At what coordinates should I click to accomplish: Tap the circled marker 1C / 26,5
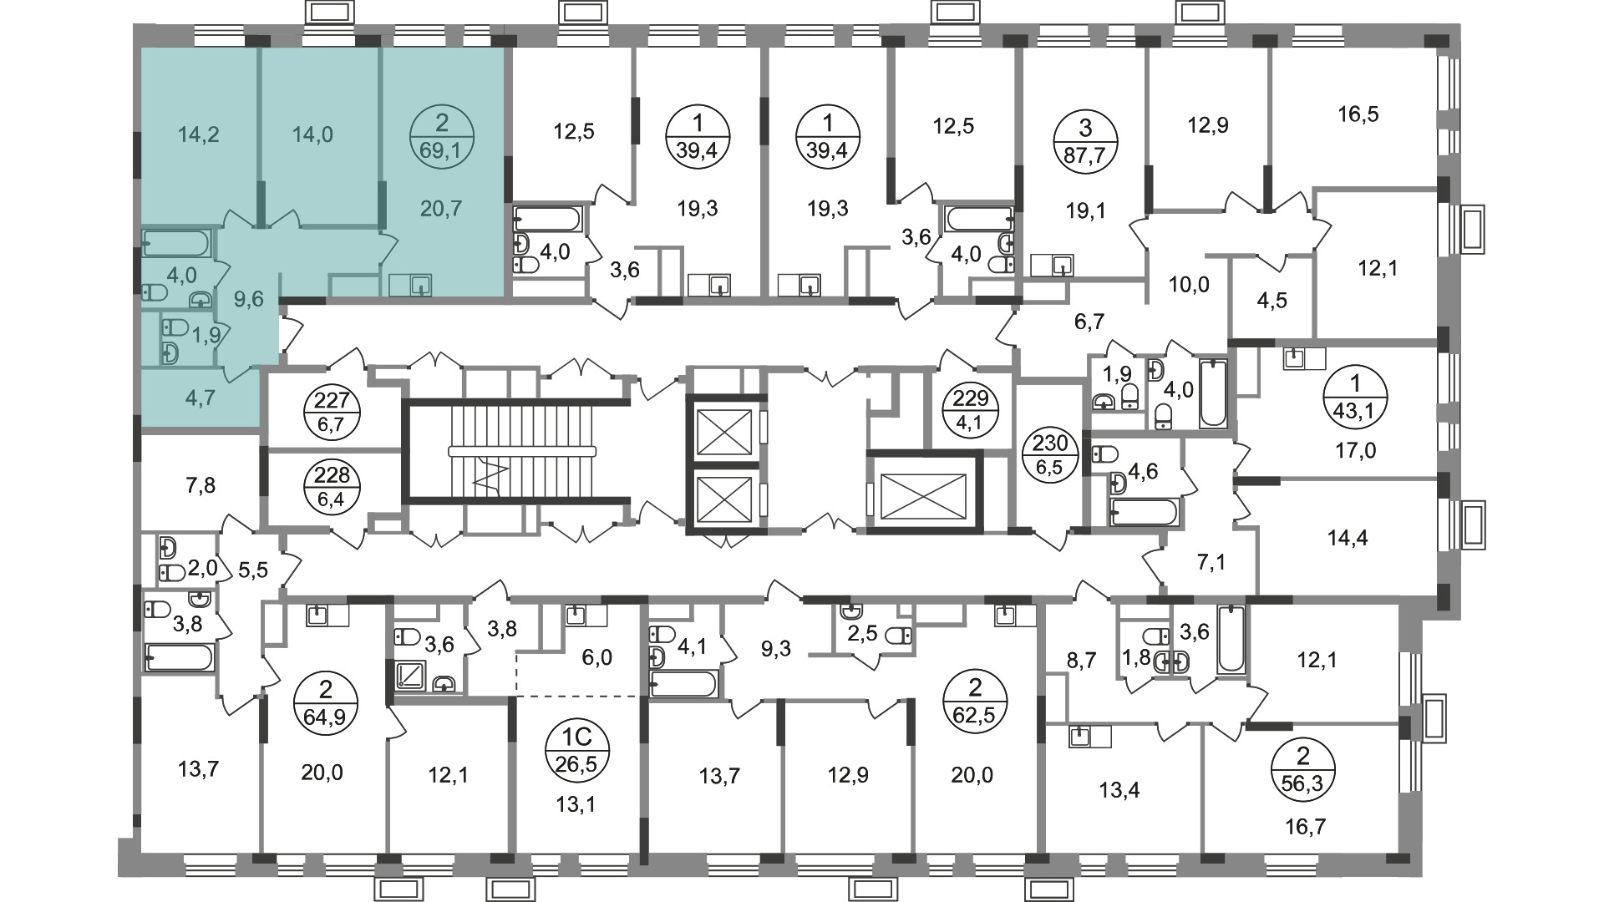[577, 749]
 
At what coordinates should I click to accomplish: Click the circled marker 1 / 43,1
[1355, 398]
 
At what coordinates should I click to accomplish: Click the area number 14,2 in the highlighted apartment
[199, 134]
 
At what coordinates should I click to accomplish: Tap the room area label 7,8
[198, 485]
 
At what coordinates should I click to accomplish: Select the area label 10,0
[1189, 284]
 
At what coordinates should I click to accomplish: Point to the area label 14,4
[1348, 538]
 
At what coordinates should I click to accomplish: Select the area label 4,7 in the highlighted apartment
[199, 398]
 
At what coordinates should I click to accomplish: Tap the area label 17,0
[1355, 451]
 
